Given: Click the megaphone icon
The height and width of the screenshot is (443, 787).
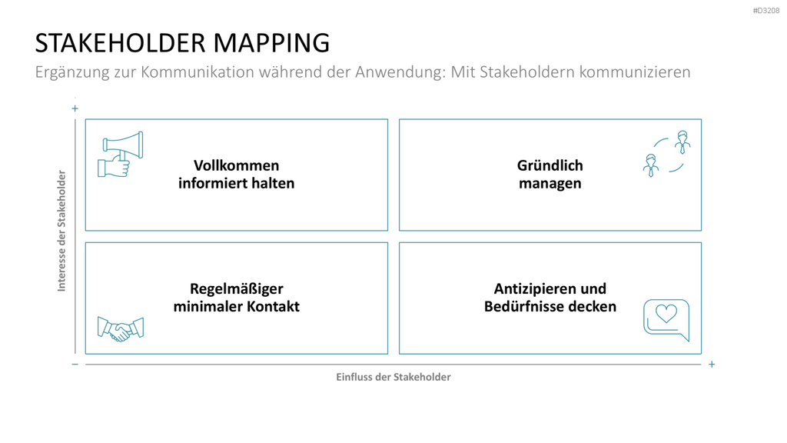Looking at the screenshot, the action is (x=121, y=154).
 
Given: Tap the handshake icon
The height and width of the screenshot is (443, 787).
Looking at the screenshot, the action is (x=121, y=329).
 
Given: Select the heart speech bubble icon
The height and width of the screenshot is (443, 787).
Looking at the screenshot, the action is (x=666, y=320).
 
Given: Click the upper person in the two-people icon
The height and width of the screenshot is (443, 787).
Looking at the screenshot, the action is (x=682, y=142).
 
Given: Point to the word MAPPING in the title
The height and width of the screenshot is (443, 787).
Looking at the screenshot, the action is (x=271, y=43).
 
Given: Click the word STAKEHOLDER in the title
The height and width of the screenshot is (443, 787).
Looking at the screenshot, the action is (x=121, y=43).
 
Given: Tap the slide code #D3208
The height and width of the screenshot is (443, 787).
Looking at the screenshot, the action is (x=766, y=11).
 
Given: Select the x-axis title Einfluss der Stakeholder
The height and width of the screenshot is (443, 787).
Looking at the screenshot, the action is (x=393, y=377).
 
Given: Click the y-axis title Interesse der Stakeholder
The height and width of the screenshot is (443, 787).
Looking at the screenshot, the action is (x=61, y=231).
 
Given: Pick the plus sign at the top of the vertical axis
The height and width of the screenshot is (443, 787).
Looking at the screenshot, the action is (x=75, y=108).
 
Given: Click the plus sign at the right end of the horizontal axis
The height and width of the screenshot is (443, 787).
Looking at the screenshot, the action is (x=712, y=364).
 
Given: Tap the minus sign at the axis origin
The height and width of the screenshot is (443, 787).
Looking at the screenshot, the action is (x=75, y=364).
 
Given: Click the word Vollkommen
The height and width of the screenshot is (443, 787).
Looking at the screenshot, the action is (x=237, y=165).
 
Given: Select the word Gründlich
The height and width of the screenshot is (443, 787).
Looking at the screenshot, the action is (x=550, y=165).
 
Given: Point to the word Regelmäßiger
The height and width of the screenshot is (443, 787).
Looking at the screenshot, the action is (x=237, y=289).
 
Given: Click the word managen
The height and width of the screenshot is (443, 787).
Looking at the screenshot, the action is (x=550, y=184).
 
